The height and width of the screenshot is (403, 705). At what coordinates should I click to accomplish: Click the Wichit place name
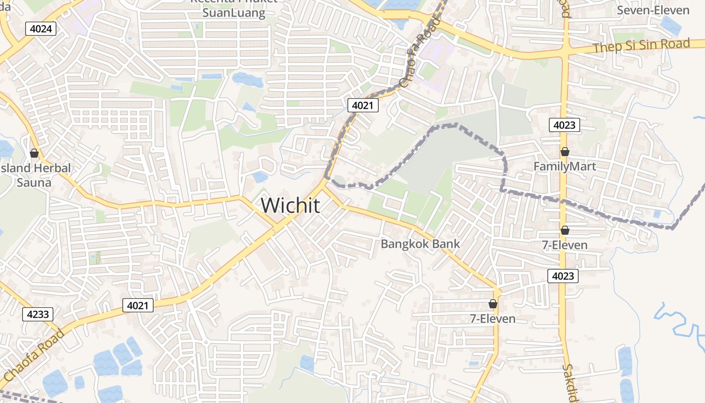(x=290, y=206)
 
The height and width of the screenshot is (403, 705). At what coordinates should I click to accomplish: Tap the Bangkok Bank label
(x=420, y=244)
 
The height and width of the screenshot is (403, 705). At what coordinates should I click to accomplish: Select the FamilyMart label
(x=565, y=166)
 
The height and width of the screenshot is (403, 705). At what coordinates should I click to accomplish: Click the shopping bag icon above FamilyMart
(x=565, y=152)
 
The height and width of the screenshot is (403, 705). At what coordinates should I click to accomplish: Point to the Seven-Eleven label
(x=653, y=10)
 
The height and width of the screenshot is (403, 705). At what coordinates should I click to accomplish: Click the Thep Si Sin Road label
(x=641, y=46)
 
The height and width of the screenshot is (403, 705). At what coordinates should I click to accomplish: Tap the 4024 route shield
(x=40, y=29)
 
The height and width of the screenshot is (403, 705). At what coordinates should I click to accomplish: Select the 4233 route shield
(x=38, y=314)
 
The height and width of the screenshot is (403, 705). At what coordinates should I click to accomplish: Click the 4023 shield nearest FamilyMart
(x=565, y=125)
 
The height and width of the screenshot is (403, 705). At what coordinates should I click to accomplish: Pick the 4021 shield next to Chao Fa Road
(x=363, y=105)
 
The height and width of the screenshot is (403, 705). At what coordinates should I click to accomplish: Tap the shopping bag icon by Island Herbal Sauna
(x=34, y=153)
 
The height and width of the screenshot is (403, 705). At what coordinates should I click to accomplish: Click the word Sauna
(x=34, y=182)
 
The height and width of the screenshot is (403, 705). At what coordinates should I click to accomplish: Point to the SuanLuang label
(x=234, y=13)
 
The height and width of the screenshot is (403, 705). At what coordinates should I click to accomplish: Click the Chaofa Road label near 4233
(x=33, y=356)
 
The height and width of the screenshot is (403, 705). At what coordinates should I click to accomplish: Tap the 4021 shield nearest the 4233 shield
(x=137, y=305)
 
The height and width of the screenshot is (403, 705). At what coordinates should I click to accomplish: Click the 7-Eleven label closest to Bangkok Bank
(x=492, y=318)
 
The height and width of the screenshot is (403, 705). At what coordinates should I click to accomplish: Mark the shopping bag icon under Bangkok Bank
(x=492, y=304)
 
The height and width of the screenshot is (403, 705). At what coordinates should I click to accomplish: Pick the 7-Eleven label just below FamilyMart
(x=565, y=245)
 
